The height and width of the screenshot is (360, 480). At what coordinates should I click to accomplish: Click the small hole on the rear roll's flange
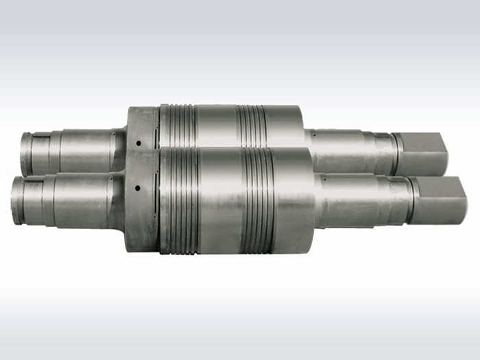pyautogui.click(x=137, y=143)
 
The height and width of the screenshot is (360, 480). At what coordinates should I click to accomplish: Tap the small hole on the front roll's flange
pyautogui.click(x=137, y=187)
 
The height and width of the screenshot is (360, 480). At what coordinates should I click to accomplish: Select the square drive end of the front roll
pyautogui.click(x=439, y=200)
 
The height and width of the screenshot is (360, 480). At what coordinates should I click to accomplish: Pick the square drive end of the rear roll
pyautogui.click(x=421, y=153)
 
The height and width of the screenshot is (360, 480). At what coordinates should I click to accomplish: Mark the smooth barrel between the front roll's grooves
pyautogui.click(x=221, y=199)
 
